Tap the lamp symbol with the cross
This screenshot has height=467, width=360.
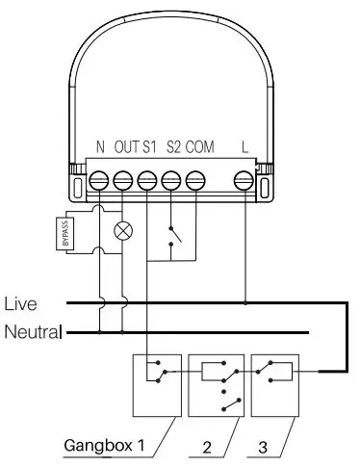point(123,230)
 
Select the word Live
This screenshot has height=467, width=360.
point(21,304)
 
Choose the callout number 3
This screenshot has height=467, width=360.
point(264,446)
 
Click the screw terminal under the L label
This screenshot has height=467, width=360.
point(244,180)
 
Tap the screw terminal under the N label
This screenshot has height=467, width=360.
point(100,180)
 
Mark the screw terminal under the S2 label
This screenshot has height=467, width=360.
point(172,180)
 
